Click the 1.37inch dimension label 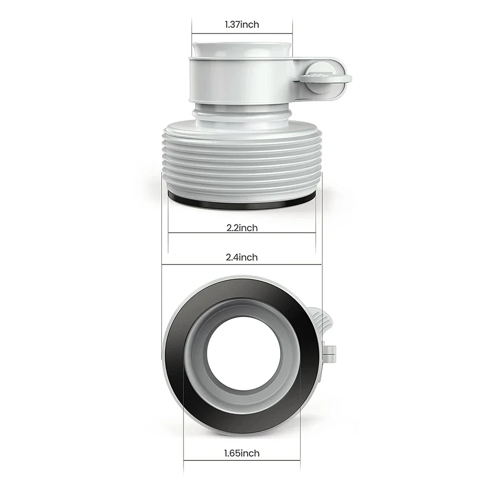pyautogui.click(x=242, y=24)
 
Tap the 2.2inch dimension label pyautogui.click(x=242, y=228)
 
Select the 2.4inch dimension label pyautogui.click(x=242, y=257)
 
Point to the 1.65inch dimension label pyautogui.click(x=242, y=453)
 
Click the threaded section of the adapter pyautogui.click(x=242, y=155)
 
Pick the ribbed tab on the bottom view pyautogui.click(x=320, y=323)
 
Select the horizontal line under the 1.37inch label pyautogui.click(x=242, y=33)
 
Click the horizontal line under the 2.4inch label pyautogui.click(x=242, y=265)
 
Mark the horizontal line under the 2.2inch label pyautogui.click(x=242, y=233)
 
